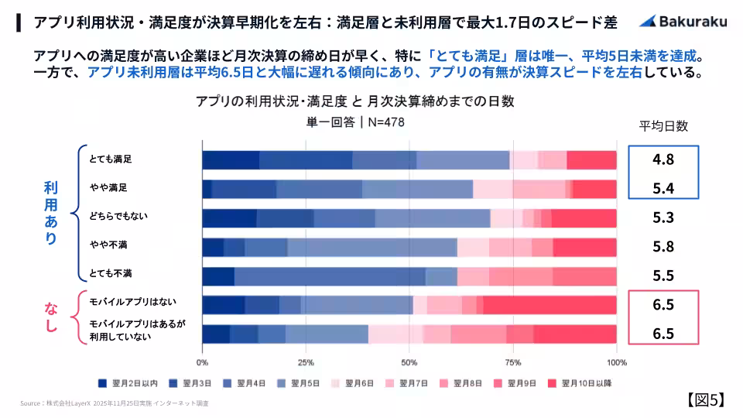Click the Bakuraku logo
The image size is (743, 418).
[x=680, y=22]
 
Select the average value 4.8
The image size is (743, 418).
[x=663, y=160]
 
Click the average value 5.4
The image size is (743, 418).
[x=663, y=189]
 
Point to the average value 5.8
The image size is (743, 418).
[x=663, y=247]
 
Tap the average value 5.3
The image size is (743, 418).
[x=663, y=218]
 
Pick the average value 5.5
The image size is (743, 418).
[x=663, y=276]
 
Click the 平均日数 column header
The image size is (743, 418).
[x=663, y=126]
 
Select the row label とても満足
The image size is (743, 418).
[x=110, y=159]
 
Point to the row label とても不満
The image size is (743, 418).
[x=110, y=274]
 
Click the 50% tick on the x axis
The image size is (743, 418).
[x=409, y=362]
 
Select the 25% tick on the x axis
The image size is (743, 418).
[x=306, y=362]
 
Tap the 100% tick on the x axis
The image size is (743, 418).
[x=616, y=362]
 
